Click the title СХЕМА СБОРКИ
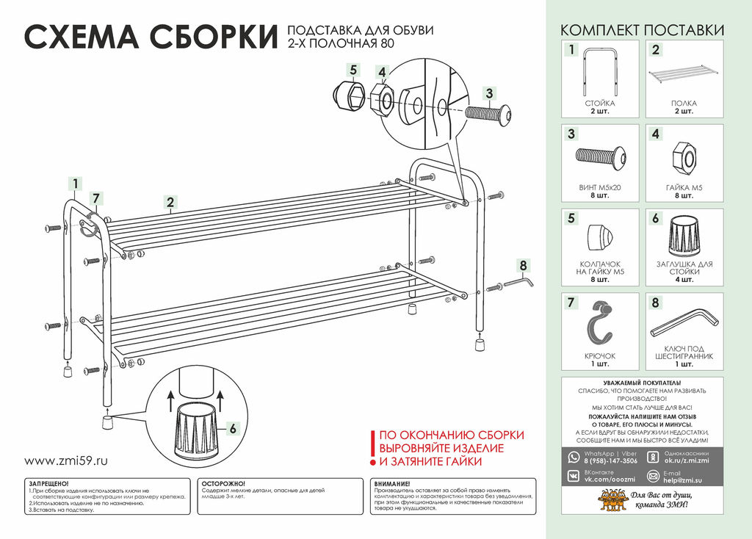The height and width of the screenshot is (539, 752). [x=151, y=37]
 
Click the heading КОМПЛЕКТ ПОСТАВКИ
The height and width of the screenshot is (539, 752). [x=642, y=30]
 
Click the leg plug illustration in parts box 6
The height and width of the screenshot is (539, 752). [x=684, y=239]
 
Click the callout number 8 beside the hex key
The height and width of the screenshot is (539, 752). [x=523, y=265]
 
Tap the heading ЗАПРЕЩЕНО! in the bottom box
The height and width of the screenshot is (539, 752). [x=48, y=484]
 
